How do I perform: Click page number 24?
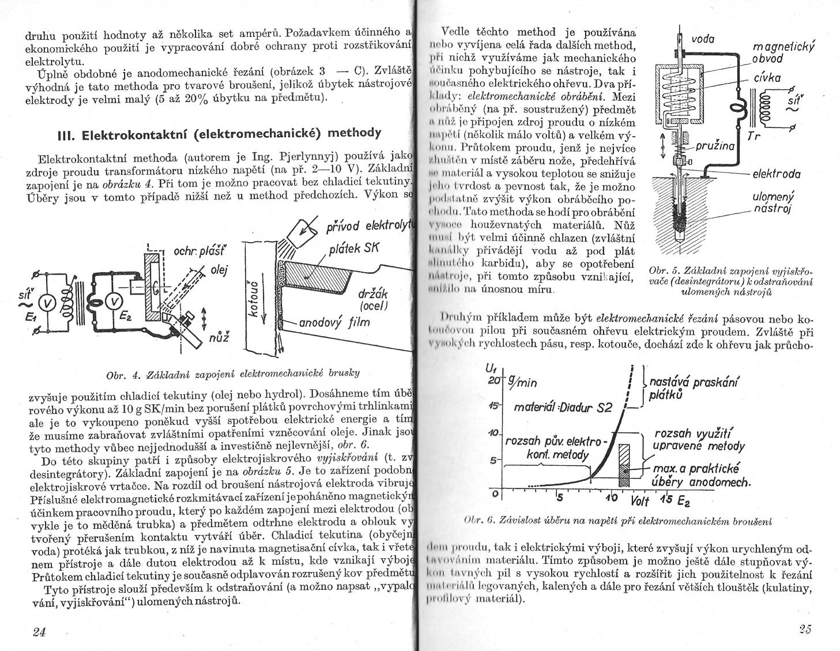[x=39, y=631]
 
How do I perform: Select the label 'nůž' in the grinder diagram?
[x=219, y=337]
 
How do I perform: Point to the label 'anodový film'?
[x=334, y=322]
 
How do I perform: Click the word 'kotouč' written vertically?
[x=251, y=298]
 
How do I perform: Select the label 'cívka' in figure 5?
[x=767, y=78]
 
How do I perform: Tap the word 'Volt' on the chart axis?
[x=641, y=499]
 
